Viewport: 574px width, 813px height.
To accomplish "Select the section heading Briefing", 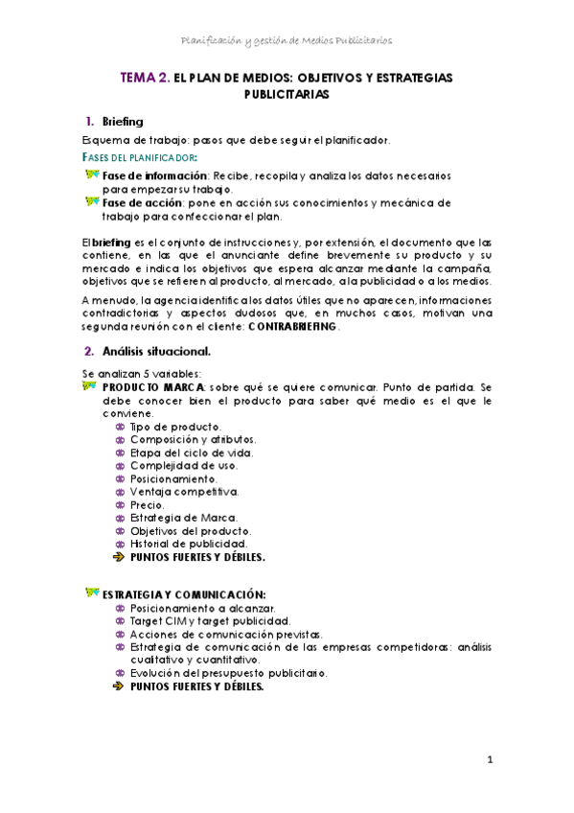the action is (x=122, y=122).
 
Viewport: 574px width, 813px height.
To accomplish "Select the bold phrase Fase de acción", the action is (x=144, y=202).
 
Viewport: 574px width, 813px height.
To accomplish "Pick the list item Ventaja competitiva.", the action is (x=184, y=491).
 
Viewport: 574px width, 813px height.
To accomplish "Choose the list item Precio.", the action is (x=147, y=504).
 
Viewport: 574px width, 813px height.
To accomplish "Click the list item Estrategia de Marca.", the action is (x=179, y=518).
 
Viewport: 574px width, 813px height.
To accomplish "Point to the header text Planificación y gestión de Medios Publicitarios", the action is (x=287, y=40).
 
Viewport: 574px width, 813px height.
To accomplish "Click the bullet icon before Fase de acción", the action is (x=92, y=201).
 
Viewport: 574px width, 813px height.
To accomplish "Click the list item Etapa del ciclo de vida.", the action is (x=184, y=452).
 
